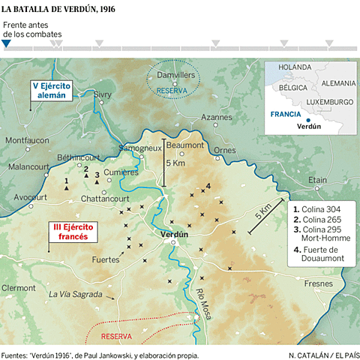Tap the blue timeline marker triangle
[x=6, y=43]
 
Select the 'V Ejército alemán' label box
[x=53, y=90]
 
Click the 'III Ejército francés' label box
[x=74, y=231]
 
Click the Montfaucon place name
[x=26, y=139]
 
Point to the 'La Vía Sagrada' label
[x=75, y=295]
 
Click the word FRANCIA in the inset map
[x=285, y=115]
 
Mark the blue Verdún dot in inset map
[x=308, y=119]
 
